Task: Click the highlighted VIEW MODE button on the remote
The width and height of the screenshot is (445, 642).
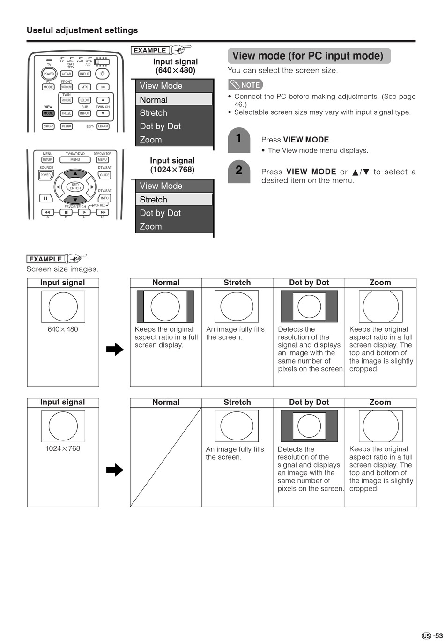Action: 48,113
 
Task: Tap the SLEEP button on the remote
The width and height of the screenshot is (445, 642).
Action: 67,127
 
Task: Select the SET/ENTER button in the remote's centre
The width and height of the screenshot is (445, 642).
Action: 75,187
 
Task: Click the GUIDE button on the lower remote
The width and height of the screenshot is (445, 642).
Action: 104,175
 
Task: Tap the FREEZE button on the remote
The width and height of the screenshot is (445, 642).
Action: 67,113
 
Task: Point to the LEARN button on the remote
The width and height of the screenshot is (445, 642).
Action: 103,127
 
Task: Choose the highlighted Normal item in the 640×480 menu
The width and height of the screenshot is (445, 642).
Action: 174,99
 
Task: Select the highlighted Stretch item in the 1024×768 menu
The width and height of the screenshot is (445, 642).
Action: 174,199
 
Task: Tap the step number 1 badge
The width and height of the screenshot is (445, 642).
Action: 239,139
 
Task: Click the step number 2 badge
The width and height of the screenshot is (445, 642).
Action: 239,171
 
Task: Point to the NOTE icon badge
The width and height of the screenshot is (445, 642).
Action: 245,85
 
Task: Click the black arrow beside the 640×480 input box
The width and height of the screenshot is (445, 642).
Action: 115,349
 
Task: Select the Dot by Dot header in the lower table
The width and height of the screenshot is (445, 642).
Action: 309,402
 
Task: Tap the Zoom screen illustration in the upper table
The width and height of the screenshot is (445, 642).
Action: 380,306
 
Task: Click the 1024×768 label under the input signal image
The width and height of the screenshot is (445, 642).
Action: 63,448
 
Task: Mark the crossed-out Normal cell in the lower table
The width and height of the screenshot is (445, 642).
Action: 166,457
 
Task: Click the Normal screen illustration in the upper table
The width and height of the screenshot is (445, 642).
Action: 165,306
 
